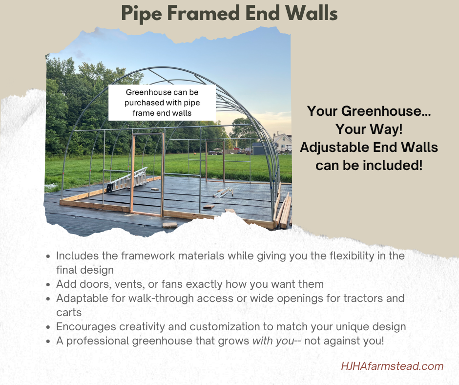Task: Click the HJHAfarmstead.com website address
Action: (392, 366)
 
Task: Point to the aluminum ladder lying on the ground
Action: (128, 178)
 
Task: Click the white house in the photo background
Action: (282, 142)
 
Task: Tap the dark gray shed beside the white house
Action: (258, 149)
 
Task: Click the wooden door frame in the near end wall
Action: (147, 173)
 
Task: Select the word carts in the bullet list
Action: (69, 312)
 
